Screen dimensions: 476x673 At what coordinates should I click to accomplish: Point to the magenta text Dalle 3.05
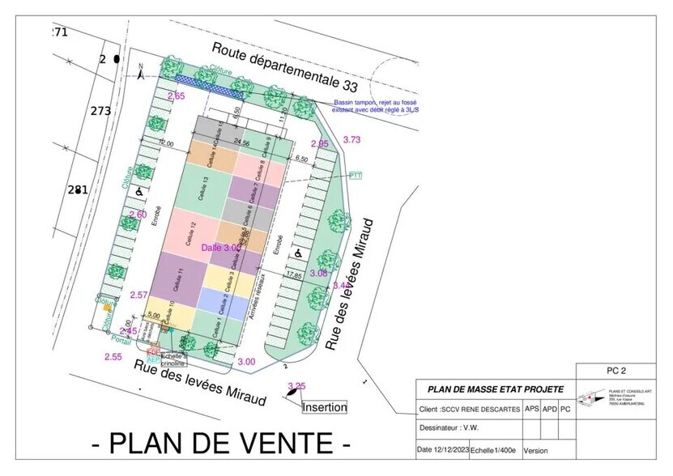click(221, 248)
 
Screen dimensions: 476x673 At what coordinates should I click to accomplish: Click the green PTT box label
click(356, 175)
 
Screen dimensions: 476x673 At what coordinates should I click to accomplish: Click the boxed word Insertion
click(325, 407)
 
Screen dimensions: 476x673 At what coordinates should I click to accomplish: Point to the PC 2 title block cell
click(617, 371)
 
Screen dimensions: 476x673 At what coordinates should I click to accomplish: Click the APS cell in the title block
click(531, 409)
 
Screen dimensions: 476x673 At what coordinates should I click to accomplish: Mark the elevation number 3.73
click(351, 140)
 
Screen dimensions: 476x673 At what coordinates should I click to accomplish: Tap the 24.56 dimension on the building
click(241, 142)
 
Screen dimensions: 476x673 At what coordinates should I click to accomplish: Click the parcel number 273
click(100, 111)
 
